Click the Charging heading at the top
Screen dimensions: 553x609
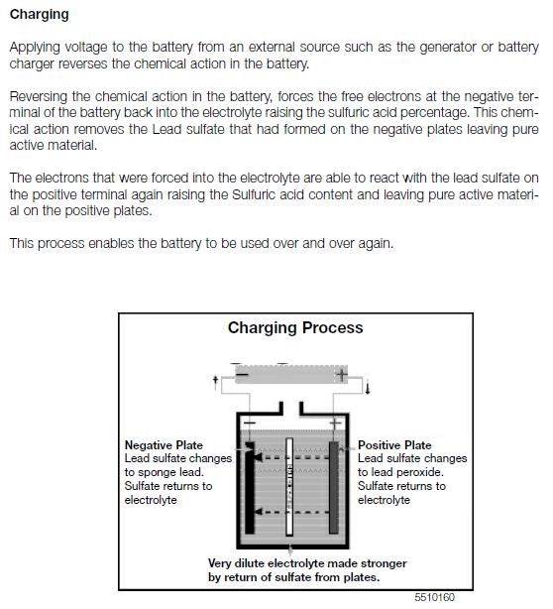point(40,15)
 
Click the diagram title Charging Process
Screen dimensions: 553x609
point(295,327)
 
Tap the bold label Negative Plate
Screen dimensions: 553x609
point(164,445)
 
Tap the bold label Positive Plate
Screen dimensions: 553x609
point(394,445)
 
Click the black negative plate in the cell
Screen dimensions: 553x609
point(250,488)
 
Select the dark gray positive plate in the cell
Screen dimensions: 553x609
point(334,488)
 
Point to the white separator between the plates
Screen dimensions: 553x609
point(289,487)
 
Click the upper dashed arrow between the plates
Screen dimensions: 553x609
point(292,458)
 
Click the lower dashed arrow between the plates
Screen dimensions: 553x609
point(292,512)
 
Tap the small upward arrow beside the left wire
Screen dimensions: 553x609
point(216,382)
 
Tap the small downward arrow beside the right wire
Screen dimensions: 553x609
point(368,388)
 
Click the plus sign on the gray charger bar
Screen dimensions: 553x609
point(342,375)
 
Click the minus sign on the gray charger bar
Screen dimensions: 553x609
point(242,375)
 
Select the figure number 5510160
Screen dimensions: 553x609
point(434,597)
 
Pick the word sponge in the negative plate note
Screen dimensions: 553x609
point(158,473)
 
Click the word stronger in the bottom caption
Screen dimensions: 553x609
point(384,563)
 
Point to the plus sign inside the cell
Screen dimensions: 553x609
point(335,423)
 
